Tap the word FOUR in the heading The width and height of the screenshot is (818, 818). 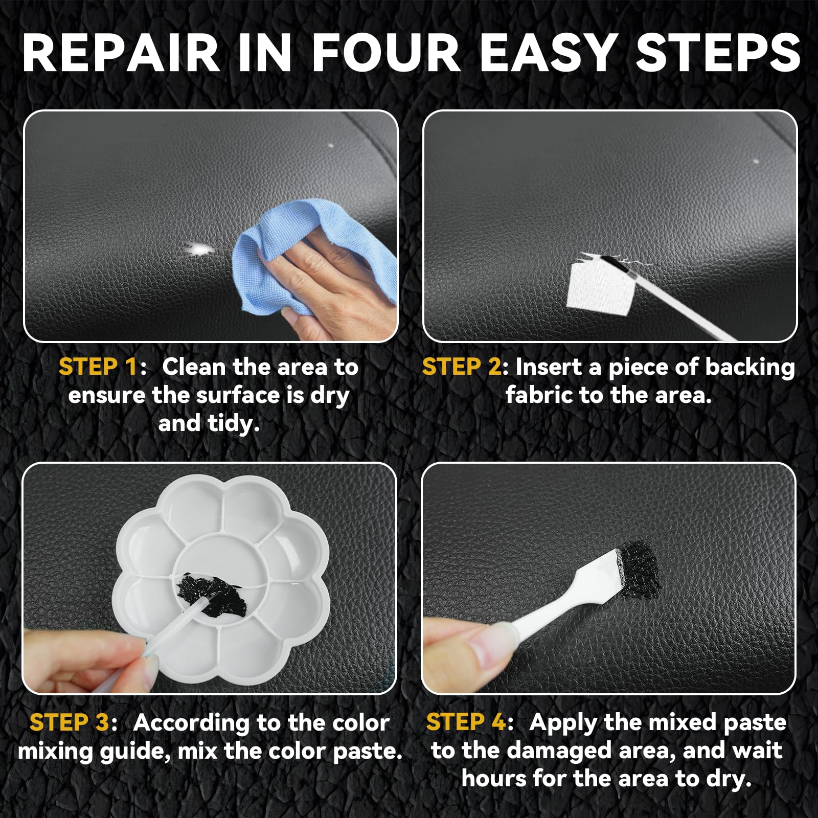pos(386,54)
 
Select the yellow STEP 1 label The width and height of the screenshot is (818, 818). pos(98,367)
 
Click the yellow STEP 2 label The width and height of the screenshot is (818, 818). pos(462,367)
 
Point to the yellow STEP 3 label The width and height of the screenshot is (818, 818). pos(69,722)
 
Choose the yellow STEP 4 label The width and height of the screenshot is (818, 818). pos(466,722)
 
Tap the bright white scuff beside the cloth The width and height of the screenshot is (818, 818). pos(199,249)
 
